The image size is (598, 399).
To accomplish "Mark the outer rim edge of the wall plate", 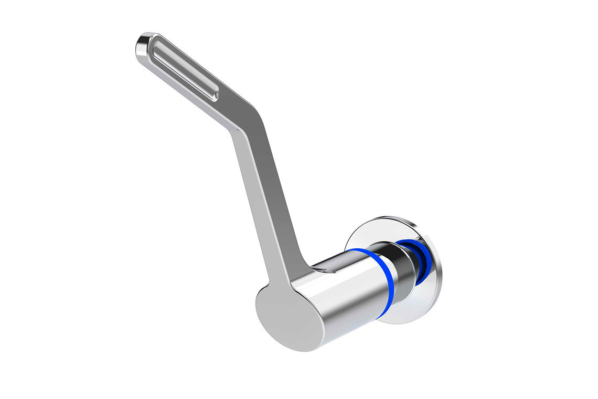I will coord(440,273).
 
